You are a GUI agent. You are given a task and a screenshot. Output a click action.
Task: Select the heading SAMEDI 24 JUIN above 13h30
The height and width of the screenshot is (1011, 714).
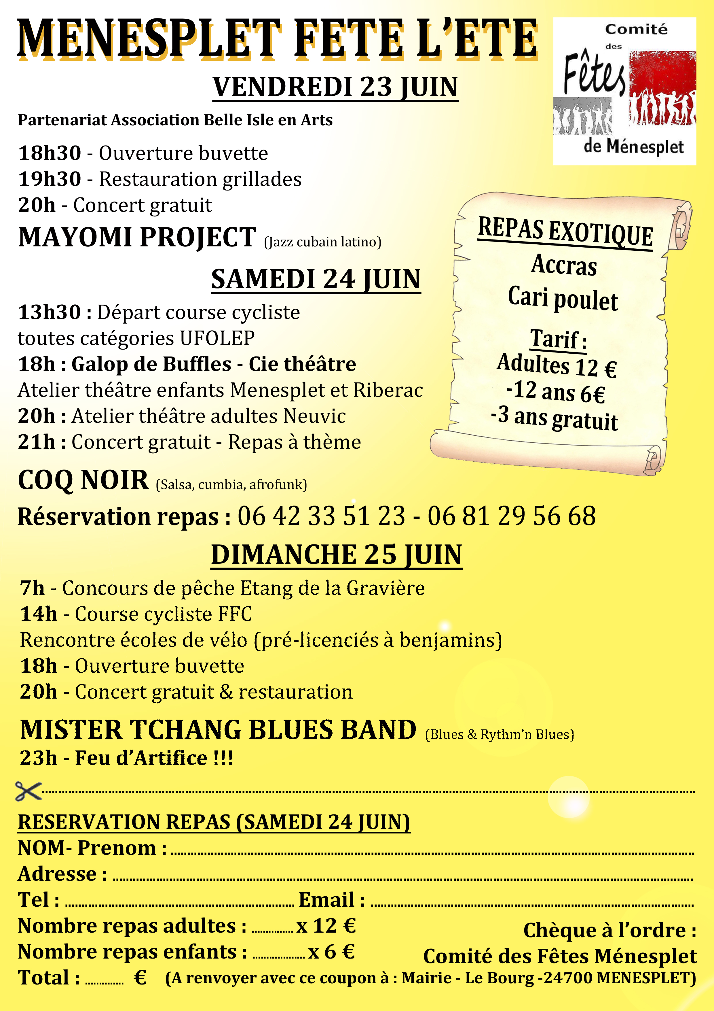pyautogui.click(x=316, y=279)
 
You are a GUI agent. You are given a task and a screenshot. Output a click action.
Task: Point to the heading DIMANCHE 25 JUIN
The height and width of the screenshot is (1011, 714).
pyautogui.click(x=337, y=554)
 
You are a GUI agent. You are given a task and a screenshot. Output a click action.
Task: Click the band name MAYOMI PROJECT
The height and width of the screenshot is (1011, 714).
pyautogui.click(x=137, y=238)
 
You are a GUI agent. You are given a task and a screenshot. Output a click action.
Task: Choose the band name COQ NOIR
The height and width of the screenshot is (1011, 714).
pyautogui.click(x=83, y=480)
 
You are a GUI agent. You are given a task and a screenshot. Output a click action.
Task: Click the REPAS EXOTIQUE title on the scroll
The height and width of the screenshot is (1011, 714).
pyautogui.click(x=565, y=232)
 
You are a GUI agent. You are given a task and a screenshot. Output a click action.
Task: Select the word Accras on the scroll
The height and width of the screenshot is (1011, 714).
pyautogui.click(x=564, y=265)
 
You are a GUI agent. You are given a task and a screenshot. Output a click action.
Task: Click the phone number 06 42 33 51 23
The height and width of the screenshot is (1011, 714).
pyautogui.click(x=321, y=516)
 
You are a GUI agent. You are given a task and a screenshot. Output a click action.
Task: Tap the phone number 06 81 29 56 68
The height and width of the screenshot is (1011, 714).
pyautogui.click(x=512, y=516)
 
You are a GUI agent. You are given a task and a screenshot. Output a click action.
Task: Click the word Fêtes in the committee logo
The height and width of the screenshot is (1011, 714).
pyautogui.click(x=594, y=74)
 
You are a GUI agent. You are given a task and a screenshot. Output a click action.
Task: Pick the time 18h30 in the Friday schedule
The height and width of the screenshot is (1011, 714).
pyautogui.click(x=50, y=154)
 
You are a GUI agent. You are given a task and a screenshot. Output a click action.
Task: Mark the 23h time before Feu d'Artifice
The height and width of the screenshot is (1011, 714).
pyautogui.click(x=38, y=758)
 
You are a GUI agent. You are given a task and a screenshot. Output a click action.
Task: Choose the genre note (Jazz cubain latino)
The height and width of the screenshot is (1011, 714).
pyautogui.click(x=322, y=242)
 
